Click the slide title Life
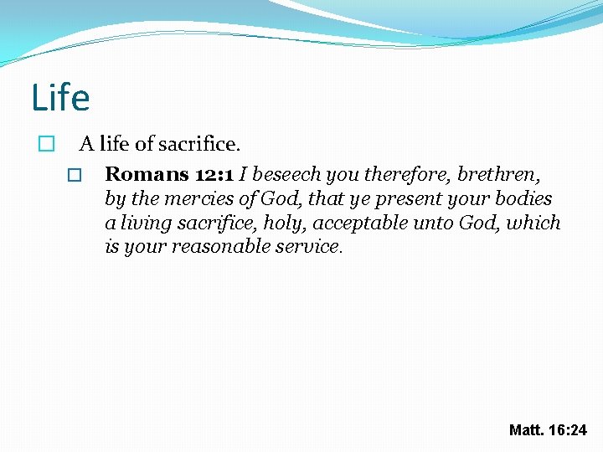60,98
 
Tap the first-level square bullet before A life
47,144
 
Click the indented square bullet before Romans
74,176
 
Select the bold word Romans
147,175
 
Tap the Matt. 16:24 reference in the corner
548,430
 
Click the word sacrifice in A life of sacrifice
198,144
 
